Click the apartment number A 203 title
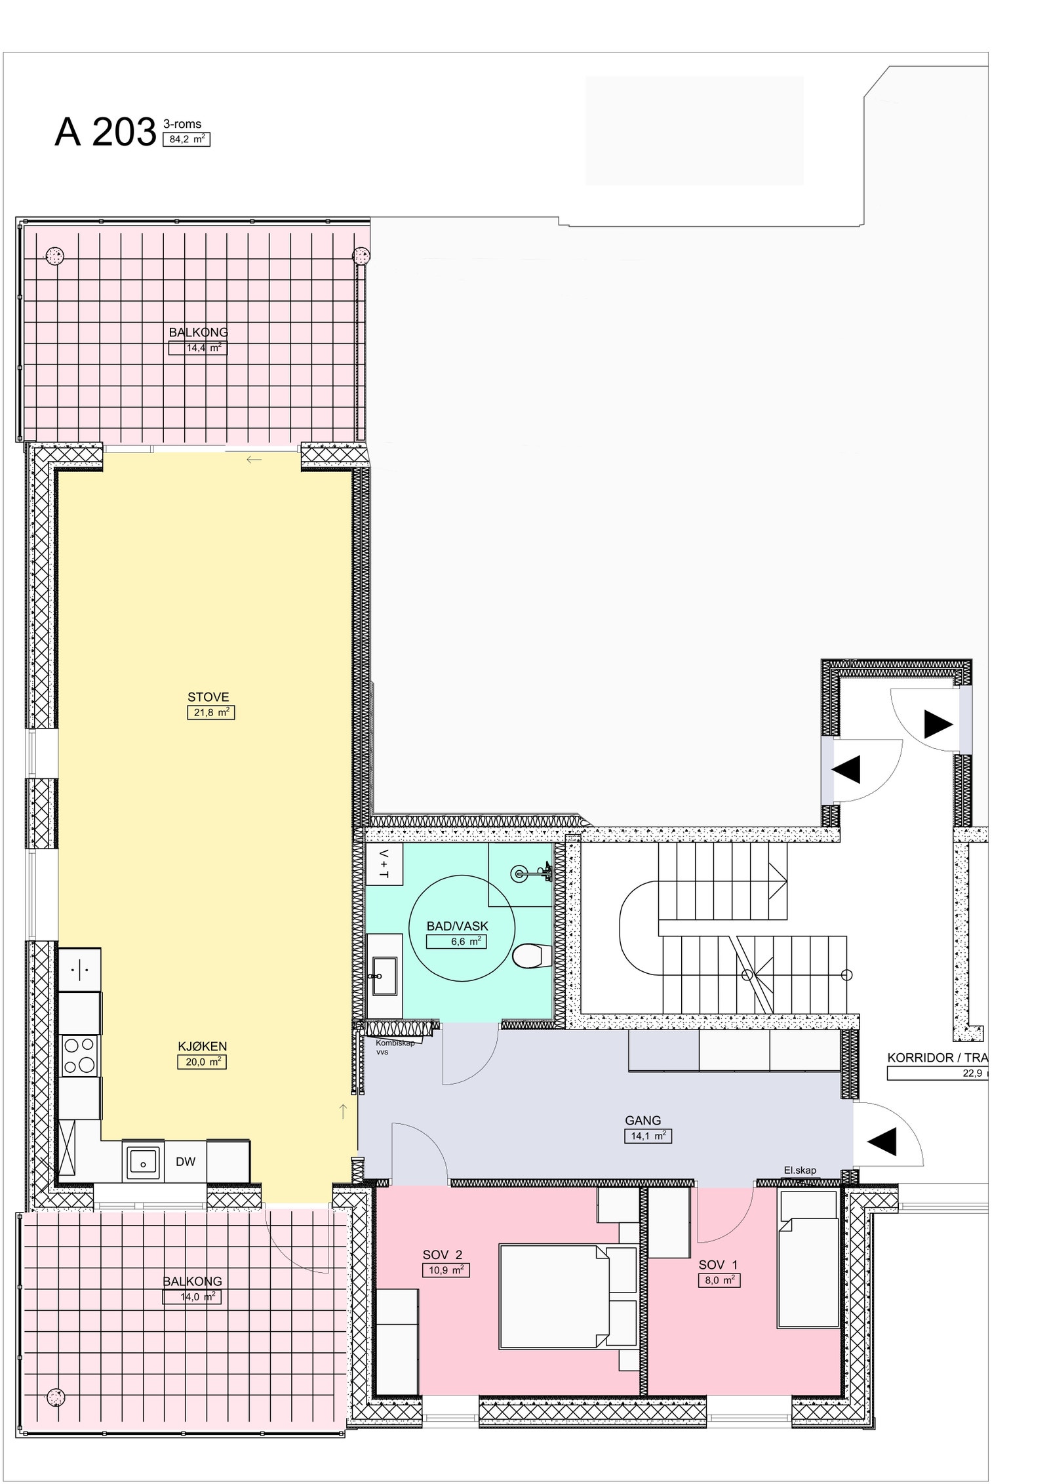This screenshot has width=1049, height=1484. pyautogui.click(x=105, y=132)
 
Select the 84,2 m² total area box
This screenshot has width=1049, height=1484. pyautogui.click(x=186, y=139)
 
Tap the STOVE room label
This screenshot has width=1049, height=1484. pyautogui.click(x=208, y=697)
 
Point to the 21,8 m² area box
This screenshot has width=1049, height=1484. pyautogui.click(x=210, y=712)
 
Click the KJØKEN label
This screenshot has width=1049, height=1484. pyautogui.click(x=202, y=1047)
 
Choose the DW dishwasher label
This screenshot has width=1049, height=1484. pyautogui.click(x=186, y=1162)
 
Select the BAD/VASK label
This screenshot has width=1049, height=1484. pyautogui.click(x=457, y=927)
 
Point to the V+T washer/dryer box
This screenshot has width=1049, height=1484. pyautogui.click(x=384, y=865)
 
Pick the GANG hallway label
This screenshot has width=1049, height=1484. pyautogui.click(x=643, y=1121)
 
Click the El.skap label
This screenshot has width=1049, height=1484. pyautogui.click(x=800, y=1171)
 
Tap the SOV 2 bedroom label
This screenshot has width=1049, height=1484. pyautogui.click(x=442, y=1255)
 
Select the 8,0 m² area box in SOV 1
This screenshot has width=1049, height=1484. pyautogui.click(x=719, y=1280)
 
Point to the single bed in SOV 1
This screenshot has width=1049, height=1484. pyautogui.click(x=808, y=1260)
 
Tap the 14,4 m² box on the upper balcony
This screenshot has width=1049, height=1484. pyautogui.click(x=198, y=348)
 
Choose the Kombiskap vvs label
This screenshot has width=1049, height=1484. pyautogui.click(x=395, y=1047)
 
